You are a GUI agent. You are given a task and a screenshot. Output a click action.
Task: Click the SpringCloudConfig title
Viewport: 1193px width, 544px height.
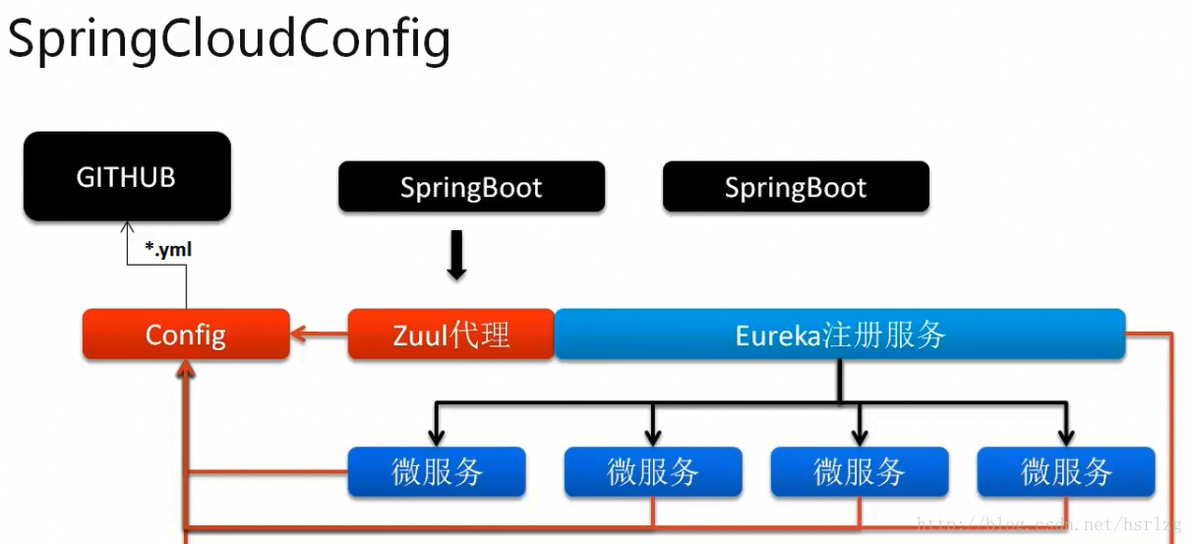click(x=228, y=39)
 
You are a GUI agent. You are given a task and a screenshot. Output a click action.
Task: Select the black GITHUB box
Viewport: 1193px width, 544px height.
click(x=127, y=177)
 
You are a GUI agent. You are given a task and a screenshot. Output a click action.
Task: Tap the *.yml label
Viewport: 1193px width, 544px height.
click(x=168, y=250)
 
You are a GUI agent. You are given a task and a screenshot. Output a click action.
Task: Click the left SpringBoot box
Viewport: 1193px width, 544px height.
click(x=471, y=188)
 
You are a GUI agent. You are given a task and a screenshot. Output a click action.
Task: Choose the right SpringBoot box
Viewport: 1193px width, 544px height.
click(x=796, y=188)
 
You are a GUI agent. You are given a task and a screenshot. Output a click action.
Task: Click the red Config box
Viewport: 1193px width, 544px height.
click(x=186, y=334)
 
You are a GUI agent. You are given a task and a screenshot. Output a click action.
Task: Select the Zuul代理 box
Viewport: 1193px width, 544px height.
click(x=451, y=334)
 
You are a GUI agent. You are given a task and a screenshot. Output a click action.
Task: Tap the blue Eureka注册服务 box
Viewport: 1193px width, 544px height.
click(x=840, y=334)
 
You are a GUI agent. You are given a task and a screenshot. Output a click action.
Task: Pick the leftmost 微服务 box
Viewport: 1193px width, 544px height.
click(x=437, y=472)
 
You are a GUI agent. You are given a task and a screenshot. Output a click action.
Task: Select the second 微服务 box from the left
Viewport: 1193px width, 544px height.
click(x=653, y=472)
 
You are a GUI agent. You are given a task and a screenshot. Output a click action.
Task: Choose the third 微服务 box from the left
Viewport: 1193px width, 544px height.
click(x=860, y=472)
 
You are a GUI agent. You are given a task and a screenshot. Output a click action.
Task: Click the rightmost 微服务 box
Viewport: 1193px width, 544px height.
click(x=1066, y=472)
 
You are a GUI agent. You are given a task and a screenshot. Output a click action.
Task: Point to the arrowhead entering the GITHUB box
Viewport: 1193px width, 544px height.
click(x=127, y=226)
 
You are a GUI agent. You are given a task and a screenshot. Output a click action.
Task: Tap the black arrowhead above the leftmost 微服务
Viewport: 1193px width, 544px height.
click(x=437, y=436)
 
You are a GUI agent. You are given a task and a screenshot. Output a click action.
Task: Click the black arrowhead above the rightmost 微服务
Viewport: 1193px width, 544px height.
click(x=1066, y=436)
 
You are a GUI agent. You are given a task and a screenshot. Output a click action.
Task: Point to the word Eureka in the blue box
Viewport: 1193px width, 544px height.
click(x=778, y=335)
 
